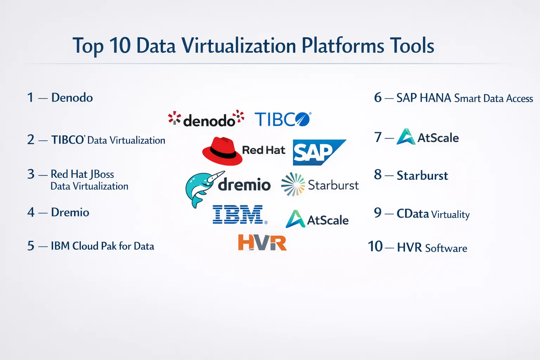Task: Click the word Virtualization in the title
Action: [239, 45]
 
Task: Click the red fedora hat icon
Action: [222, 151]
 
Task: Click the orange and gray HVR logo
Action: [262, 242]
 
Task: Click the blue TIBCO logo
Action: [283, 119]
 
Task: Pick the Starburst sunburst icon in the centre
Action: [293, 184]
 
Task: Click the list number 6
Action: [378, 97]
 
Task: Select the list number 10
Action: [375, 246]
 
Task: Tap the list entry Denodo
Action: [72, 97]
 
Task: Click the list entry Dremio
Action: [70, 212]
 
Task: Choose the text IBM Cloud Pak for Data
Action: [102, 246]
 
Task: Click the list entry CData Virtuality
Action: [433, 214]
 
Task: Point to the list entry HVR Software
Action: [432, 247]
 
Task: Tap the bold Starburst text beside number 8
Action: [422, 175]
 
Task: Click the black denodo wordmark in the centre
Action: [209, 120]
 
